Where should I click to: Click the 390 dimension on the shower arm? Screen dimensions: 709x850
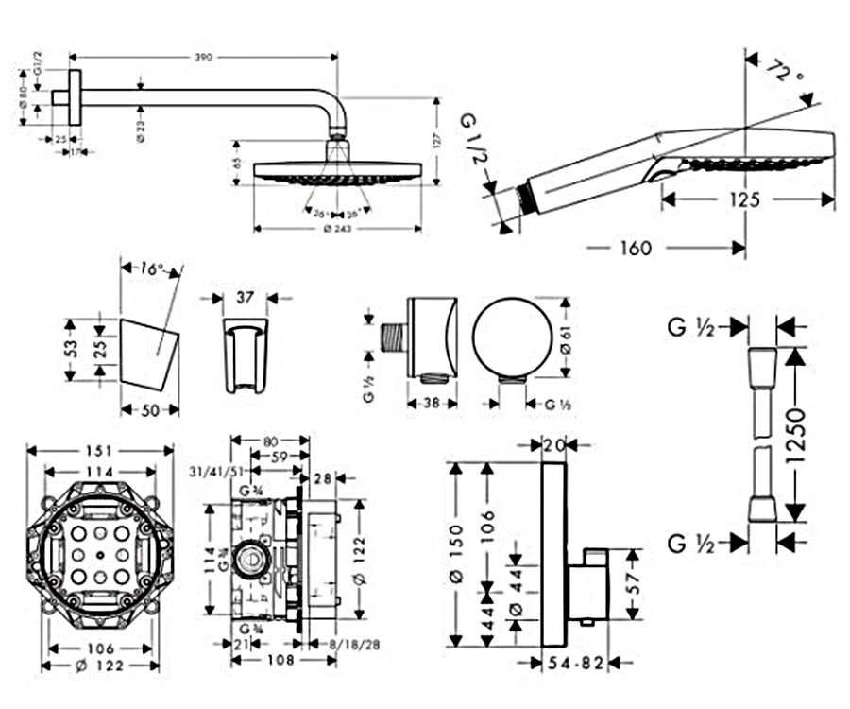pos(204,58)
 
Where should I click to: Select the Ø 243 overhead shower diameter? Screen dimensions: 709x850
pos(337,228)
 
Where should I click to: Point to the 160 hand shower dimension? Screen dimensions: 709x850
pos(636,249)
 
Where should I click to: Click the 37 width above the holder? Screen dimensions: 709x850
pos(244,298)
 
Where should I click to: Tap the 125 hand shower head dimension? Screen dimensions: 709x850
pos(747,199)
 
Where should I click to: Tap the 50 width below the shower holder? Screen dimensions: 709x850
pos(150,410)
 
